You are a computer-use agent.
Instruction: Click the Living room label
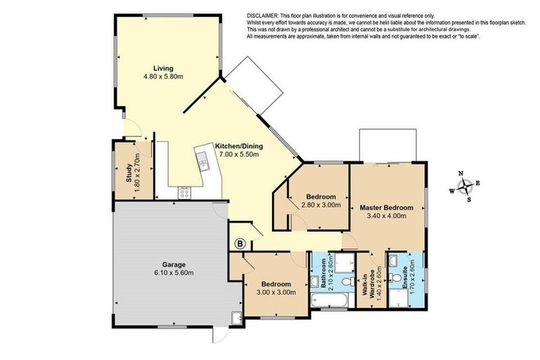click(x=163, y=68)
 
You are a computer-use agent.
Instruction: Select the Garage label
click(x=174, y=264)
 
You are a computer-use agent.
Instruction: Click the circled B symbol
click(x=240, y=244)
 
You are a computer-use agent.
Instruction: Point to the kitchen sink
click(x=202, y=160)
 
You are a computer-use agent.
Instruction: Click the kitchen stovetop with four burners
click(x=184, y=193)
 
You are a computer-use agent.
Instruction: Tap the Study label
click(x=129, y=172)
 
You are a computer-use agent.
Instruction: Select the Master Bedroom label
click(x=387, y=207)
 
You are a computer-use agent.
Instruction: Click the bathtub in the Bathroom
click(x=330, y=301)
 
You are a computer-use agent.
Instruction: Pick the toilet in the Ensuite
click(x=397, y=278)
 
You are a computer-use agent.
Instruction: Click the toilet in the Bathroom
click(x=349, y=281)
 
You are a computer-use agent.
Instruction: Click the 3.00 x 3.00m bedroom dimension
click(x=276, y=292)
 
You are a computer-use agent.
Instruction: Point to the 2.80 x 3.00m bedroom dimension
click(x=321, y=205)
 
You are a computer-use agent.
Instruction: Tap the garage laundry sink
click(x=237, y=318)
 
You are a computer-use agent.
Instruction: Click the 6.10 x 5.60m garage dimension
click(x=174, y=273)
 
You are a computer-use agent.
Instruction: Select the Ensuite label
click(x=405, y=277)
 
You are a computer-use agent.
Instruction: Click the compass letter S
click(x=469, y=200)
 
